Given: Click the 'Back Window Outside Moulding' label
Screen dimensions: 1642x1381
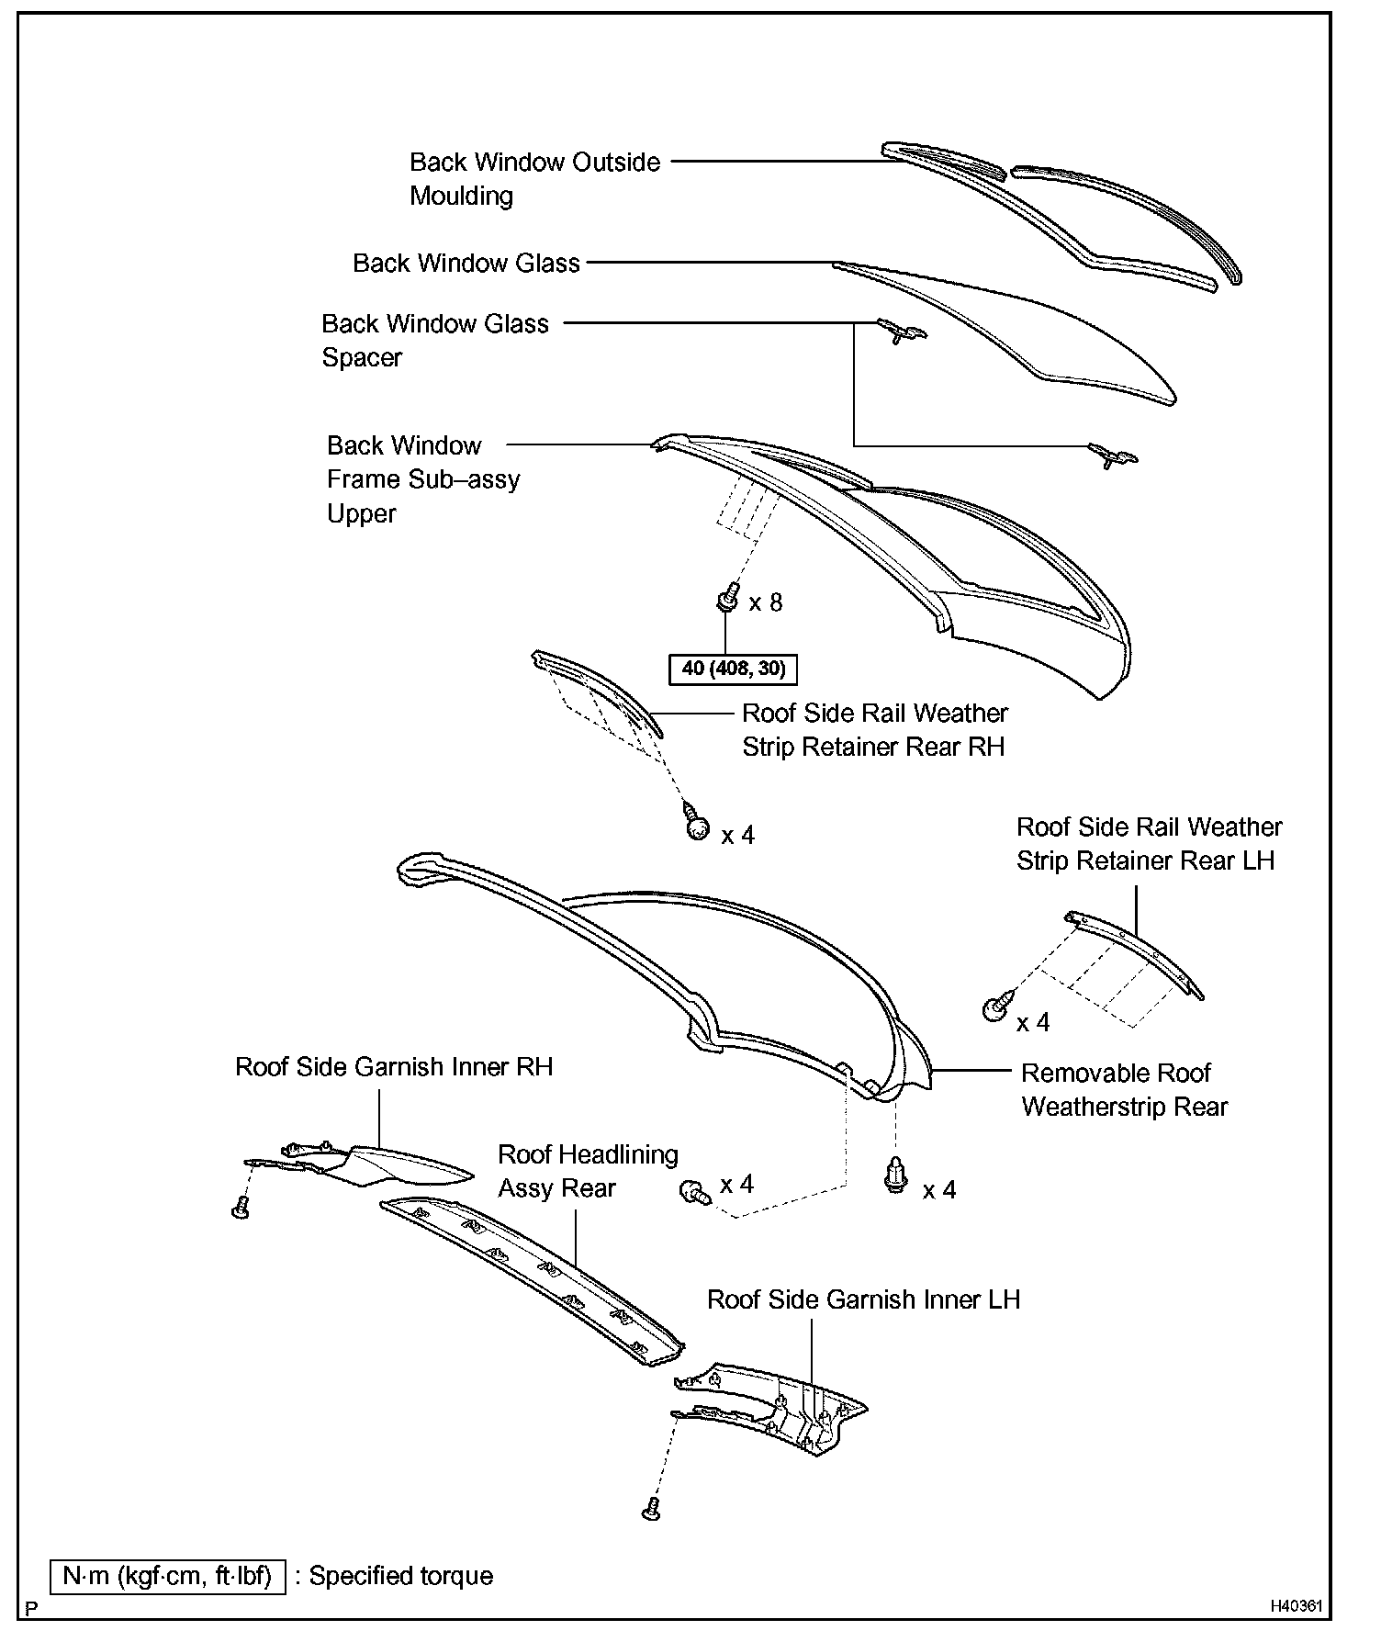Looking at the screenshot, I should (x=534, y=179).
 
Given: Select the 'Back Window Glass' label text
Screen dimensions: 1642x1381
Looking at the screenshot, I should (x=466, y=264).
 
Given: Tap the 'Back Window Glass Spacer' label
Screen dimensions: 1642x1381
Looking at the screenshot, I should (x=434, y=340).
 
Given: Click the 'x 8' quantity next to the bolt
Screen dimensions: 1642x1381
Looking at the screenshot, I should (x=765, y=603).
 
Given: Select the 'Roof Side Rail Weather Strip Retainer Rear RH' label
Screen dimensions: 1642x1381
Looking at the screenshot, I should (x=874, y=730).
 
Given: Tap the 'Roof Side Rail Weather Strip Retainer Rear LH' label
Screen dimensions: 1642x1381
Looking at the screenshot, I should (x=1149, y=844).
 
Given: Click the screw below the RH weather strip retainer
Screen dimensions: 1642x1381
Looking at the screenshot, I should (x=697, y=827).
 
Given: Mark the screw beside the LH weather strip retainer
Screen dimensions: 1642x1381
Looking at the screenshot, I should (x=996, y=1008).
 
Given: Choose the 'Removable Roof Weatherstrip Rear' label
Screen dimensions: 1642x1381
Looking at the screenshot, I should (x=1124, y=1090).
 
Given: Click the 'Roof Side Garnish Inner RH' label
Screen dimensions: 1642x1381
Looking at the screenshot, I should (x=394, y=1067).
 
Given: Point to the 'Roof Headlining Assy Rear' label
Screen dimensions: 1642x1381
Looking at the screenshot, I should (x=588, y=1171).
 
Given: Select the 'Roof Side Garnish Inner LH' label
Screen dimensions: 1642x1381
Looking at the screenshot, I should (x=863, y=1299).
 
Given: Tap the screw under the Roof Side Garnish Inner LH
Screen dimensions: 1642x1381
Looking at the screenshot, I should (x=651, y=1507).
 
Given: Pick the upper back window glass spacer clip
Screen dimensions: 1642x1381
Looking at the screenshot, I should (x=902, y=331).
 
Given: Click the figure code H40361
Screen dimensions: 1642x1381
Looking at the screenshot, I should (x=1297, y=1606).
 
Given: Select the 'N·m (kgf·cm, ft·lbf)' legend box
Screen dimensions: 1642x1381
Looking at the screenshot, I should (x=167, y=1576).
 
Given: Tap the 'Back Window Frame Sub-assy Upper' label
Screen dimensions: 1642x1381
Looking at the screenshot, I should (x=422, y=479).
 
